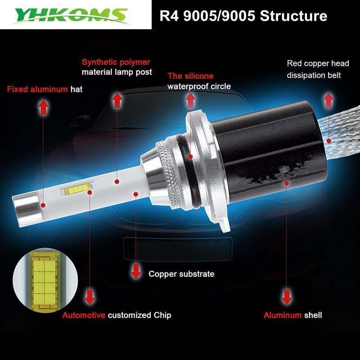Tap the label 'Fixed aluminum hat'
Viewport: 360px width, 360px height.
[x=45, y=90]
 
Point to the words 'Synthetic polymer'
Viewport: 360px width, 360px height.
[x=116, y=62]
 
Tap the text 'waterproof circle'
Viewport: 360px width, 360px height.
[x=199, y=86]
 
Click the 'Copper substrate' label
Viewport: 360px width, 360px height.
[x=181, y=274]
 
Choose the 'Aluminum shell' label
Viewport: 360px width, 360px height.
[x=292, y=315]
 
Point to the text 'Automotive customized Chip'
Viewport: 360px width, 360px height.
[x=117, y=315]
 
